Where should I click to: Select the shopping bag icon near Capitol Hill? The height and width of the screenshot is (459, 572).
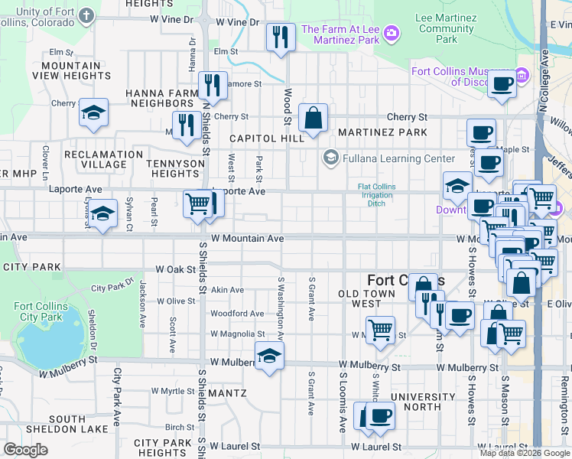[313, 118]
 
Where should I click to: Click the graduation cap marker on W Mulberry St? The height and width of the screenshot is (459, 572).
[268, 356]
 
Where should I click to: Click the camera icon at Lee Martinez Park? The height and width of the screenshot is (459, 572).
[392, 32]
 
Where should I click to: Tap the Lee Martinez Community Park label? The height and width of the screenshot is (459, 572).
[446, 28]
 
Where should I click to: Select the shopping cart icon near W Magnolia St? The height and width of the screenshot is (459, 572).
[380, 330]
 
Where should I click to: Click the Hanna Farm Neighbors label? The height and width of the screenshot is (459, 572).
[161, 98]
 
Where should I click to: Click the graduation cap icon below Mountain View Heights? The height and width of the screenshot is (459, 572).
[93, 113]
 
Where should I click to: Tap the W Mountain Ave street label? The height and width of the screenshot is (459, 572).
[248, 239]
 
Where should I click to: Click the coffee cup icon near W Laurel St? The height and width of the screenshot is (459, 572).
[379, 416]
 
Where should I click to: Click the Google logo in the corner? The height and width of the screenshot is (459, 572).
[26, 450]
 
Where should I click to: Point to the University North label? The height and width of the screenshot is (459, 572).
[422, 402]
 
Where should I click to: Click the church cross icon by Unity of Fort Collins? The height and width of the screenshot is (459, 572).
[87, 16]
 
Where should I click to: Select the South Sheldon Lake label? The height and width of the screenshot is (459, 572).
[67, 424]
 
